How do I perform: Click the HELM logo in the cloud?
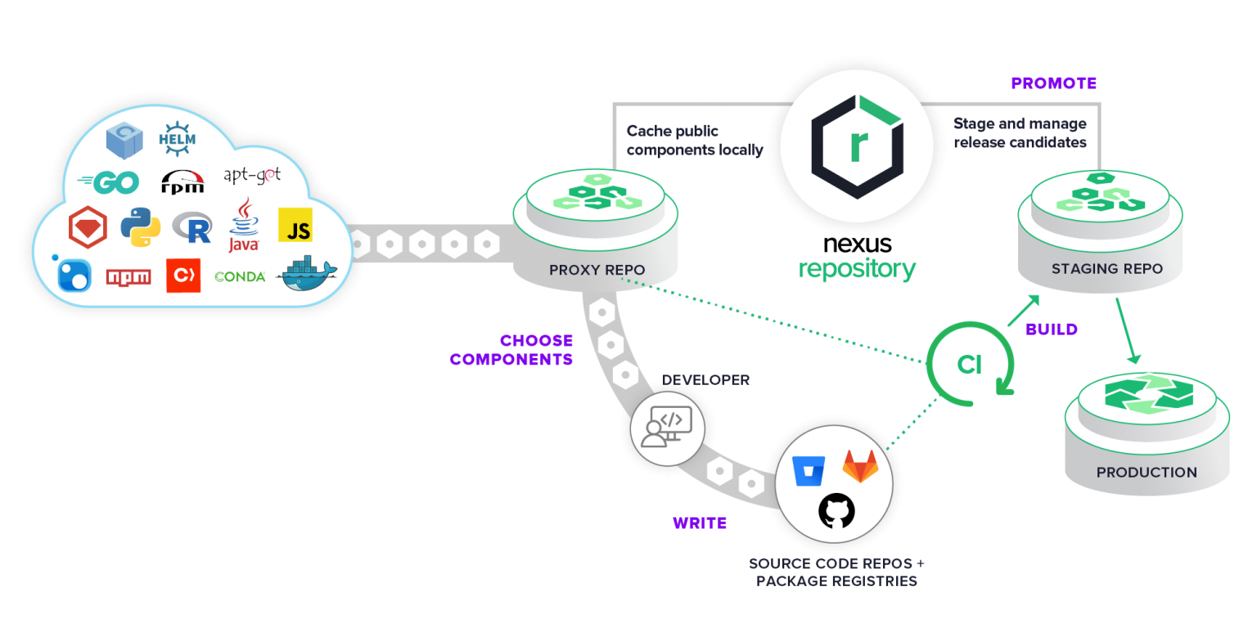[177, 138]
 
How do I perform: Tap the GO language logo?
[109, 182]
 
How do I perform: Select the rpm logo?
[182, 182]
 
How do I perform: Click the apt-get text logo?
[252, 176]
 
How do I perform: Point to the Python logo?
[140, 227]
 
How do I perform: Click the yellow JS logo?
[295, 225]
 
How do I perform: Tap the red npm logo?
[128, 277]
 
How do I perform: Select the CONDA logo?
[240, 277]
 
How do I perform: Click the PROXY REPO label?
[597, 270]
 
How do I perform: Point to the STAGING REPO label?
[1106, 268]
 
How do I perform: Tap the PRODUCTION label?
[1147, 473]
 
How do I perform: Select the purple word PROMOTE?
[1053, 83]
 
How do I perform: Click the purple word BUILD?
[1052, 329]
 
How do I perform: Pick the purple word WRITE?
[700, 523]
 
